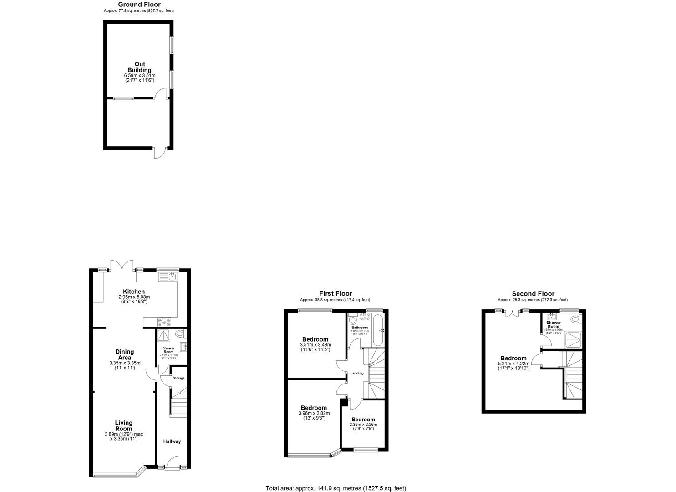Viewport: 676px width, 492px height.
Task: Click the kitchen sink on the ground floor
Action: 168,276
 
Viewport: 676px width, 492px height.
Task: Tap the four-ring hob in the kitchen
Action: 163,321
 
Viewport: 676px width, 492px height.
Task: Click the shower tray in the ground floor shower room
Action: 163,335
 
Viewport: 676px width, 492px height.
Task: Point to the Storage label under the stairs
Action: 178,378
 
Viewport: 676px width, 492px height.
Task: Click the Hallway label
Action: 172,441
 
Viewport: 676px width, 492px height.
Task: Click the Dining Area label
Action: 124,354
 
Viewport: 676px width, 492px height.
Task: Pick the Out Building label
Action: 139,67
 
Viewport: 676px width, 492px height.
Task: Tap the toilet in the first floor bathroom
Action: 352,319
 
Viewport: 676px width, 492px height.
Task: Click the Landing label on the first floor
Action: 356,374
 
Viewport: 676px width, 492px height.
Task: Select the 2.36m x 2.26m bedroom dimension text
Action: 363,425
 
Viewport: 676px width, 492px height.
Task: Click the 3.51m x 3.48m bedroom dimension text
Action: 315,345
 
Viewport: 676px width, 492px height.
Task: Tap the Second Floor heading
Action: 533,294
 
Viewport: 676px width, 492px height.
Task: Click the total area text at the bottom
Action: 336,488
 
